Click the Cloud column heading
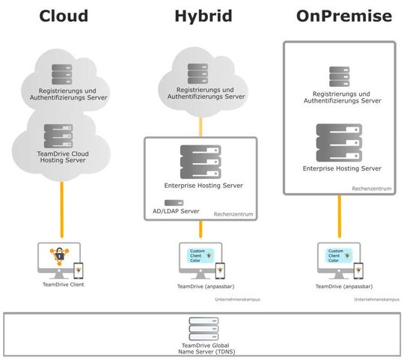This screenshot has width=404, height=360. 64,16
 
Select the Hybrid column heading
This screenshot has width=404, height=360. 201,16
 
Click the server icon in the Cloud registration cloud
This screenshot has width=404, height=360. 64,74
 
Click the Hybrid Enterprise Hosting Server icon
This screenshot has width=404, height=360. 201,161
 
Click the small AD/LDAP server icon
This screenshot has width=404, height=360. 174,203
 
